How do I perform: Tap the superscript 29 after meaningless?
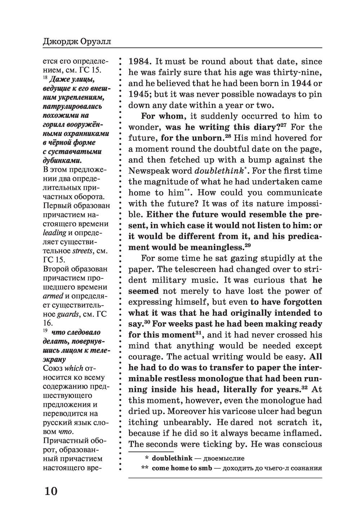point(247,245)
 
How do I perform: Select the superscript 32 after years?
point(304,387)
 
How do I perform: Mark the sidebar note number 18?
point(45,77)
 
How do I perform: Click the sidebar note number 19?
point(45,331)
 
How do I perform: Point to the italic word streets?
point(83,251)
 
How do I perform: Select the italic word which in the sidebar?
point(74,368)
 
